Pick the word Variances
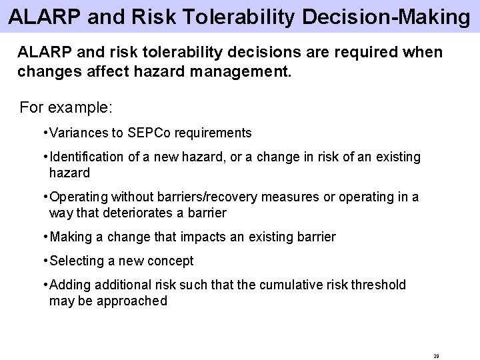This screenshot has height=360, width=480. [x=76, y=133]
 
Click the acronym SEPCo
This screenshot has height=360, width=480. [x=150, y=133]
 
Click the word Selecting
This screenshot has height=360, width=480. [x=75, y=261]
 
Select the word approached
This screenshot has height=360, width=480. [x=132, y=301]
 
